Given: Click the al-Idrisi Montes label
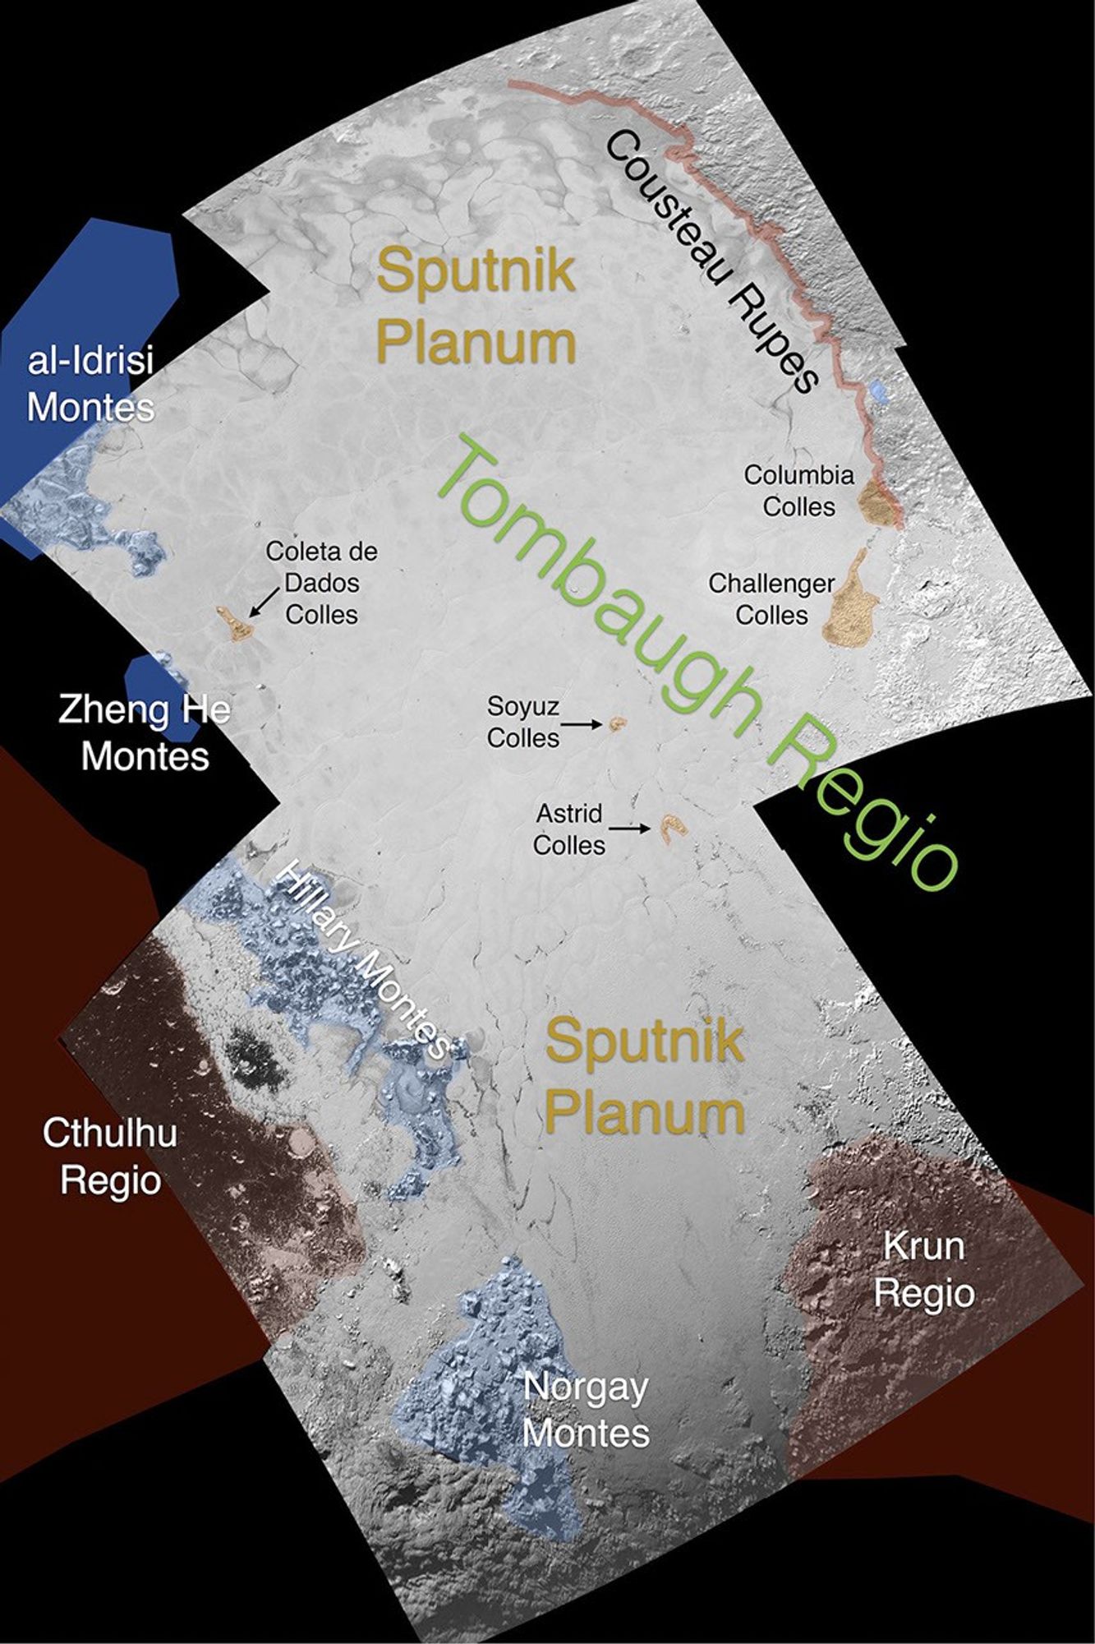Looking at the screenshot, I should click(x=90, y=384).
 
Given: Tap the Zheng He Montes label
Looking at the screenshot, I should click(x=145, y=732).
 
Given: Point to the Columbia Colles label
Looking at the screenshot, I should click(x=798, y=491).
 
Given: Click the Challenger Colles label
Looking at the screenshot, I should click(x=771, y=599).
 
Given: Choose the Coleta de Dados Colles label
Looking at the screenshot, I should click(x=321, y=583).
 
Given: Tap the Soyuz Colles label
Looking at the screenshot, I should click(x=522, y=722).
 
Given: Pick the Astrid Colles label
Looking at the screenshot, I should click(x=568, y=829).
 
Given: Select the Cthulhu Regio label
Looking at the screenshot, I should click(x=110, y=1157).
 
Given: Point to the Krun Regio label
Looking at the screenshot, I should click(x=923, y=1269).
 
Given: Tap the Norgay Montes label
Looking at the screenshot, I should click(x=586, y=1410).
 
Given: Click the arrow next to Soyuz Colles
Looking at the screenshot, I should click(x=584, y=724).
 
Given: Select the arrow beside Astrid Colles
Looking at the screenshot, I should click(x=635, y=829).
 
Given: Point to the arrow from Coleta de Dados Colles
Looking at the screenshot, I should click(x=262, y=603).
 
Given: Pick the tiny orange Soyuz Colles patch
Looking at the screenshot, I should click(x=616, y=723).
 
